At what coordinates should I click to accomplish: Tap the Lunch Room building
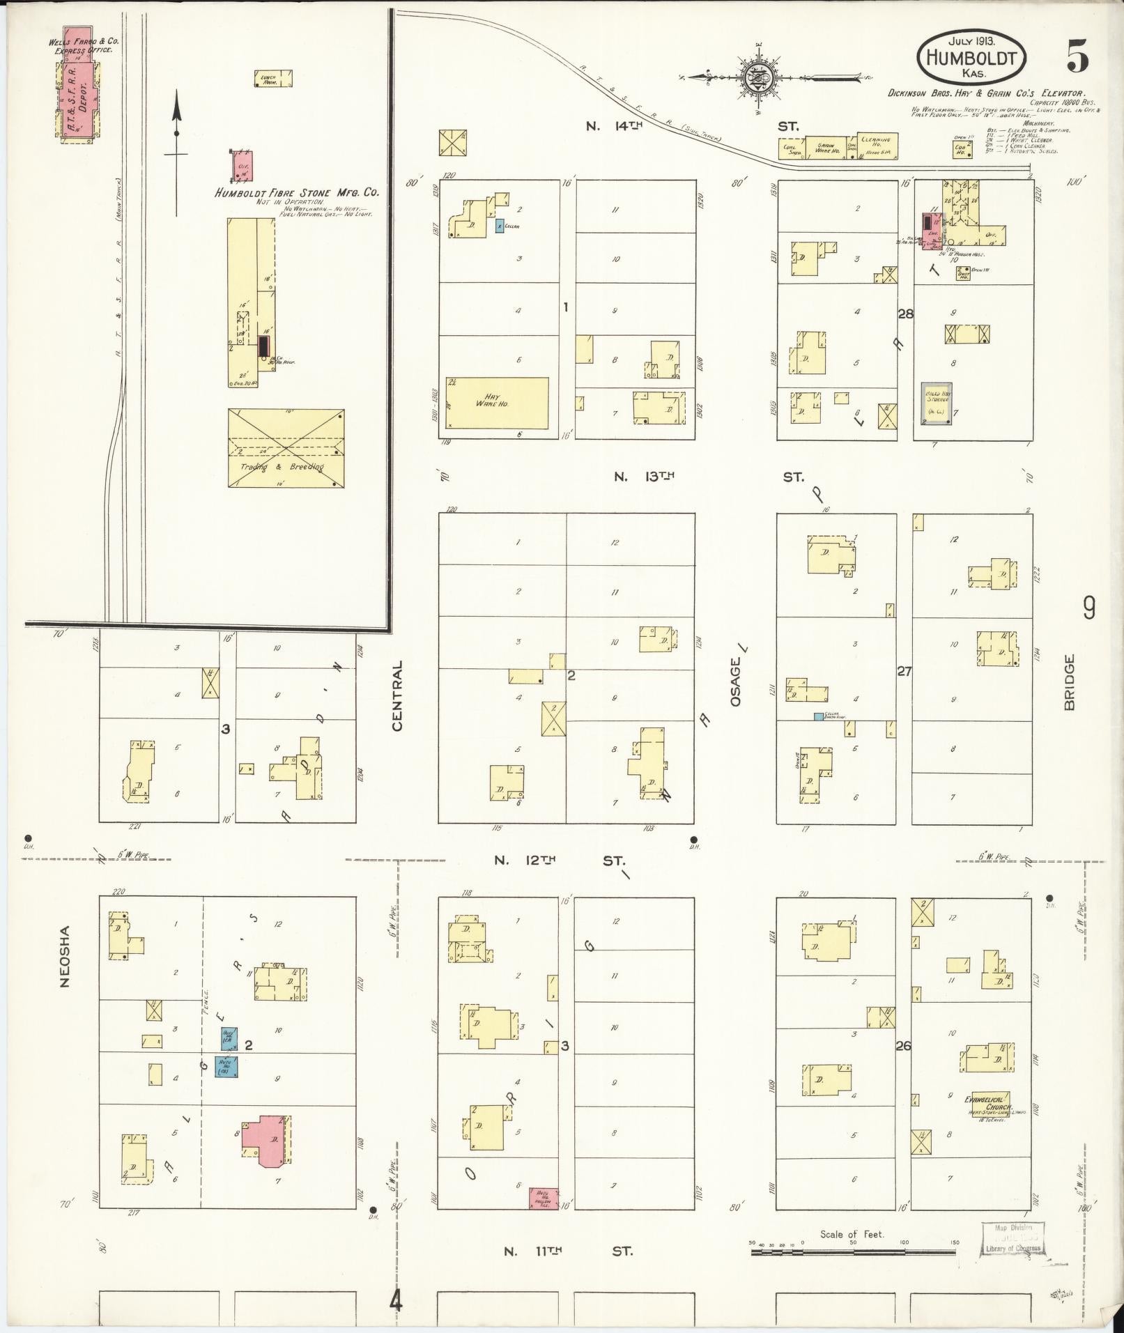tap(272, 79)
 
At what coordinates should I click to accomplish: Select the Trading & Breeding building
tap(286, 448)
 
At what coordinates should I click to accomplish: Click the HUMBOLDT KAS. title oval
tap(971, 57)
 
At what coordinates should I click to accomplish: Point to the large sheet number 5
tap(1077, 56)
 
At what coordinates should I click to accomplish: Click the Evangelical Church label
tap(983, 1100)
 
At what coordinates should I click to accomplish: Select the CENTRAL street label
tap(398, 696)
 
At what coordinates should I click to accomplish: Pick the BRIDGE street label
tap(1070, 681)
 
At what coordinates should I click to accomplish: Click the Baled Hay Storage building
tap(937, 403)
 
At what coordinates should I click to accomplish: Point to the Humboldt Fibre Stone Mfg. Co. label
tap(297, 192)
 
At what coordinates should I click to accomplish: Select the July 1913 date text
tap(971, 41)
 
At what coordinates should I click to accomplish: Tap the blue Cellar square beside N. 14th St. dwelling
tap(500, 225)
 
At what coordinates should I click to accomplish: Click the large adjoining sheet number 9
tap(1088, 608)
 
